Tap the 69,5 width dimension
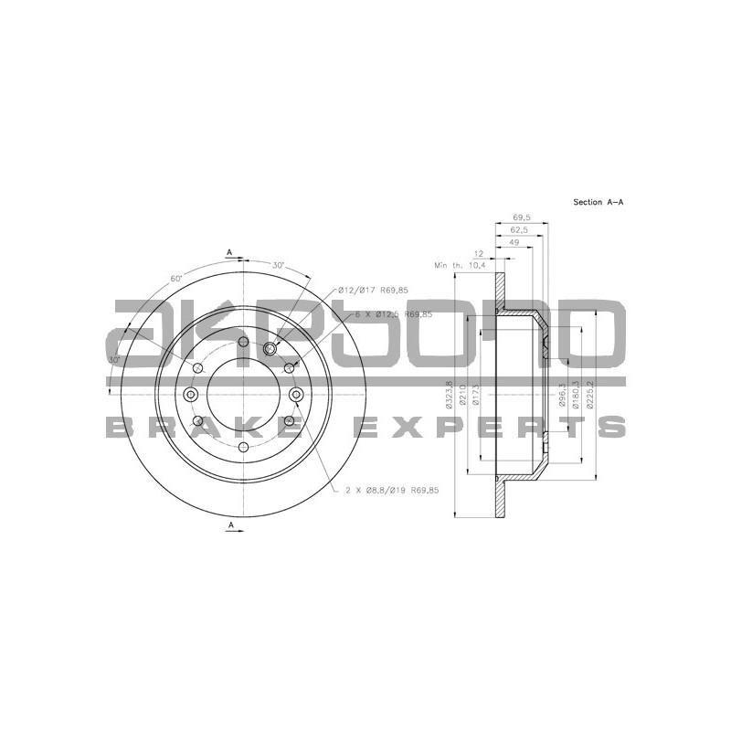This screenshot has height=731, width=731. point(522,217)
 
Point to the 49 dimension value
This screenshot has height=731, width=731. point(514,243)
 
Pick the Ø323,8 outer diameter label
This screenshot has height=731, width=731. point(450,394)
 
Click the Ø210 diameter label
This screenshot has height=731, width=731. point(463,394)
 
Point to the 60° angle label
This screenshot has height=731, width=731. point(176,278)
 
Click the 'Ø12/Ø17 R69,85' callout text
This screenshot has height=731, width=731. point(372,290)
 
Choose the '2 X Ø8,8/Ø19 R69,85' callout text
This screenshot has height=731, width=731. point(393,491)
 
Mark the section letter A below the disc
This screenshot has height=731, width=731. point(231,524)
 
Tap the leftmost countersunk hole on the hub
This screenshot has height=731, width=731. point(191,394)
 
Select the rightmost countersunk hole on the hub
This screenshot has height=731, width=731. point(297,394)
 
